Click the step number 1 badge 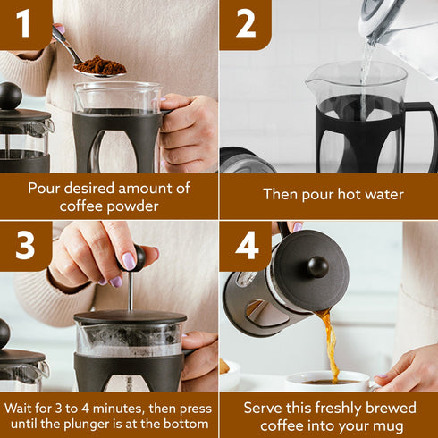pos(22,24)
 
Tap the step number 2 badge pos(245,24)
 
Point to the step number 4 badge pos(245,246)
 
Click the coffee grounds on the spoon pos(99,65)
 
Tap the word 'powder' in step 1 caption pos(127,206)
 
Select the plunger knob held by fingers pos(139,257)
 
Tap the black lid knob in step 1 pos(10,95)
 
